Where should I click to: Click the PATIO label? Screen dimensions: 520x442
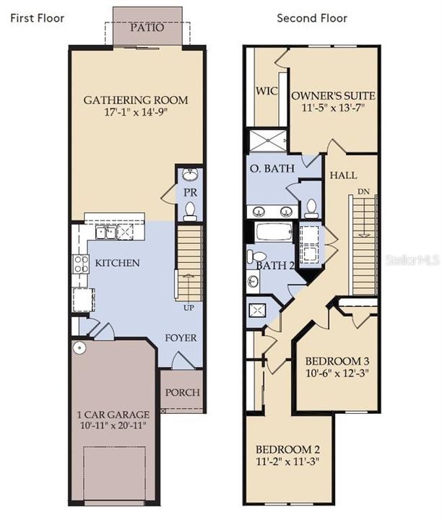[x=147, y=27]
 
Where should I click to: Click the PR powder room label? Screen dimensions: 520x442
[x=190, y=193]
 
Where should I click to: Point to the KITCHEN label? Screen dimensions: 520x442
[x=117, y=263]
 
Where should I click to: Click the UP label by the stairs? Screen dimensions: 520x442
[x=190, y=308]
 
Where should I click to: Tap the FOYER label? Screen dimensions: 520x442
[x=181, y=337]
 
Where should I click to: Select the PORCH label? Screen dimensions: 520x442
[x=182, y=393]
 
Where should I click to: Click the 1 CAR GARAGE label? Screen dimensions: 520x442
[x=114, y=415]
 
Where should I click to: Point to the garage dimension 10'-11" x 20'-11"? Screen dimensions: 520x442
[x=114, y=427]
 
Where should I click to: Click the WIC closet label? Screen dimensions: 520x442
[x=269, y=91]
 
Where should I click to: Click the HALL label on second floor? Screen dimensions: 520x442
[x=343, y=175]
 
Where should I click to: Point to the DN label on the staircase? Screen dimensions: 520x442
[x=363, y=192]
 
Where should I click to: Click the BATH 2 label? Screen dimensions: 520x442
[x=275, y=265]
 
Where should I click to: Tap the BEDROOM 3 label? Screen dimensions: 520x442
[x=337, y=361]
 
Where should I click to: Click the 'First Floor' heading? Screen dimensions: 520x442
[x=37, y=17]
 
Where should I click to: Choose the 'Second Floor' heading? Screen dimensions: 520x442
[x=312, y=17]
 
